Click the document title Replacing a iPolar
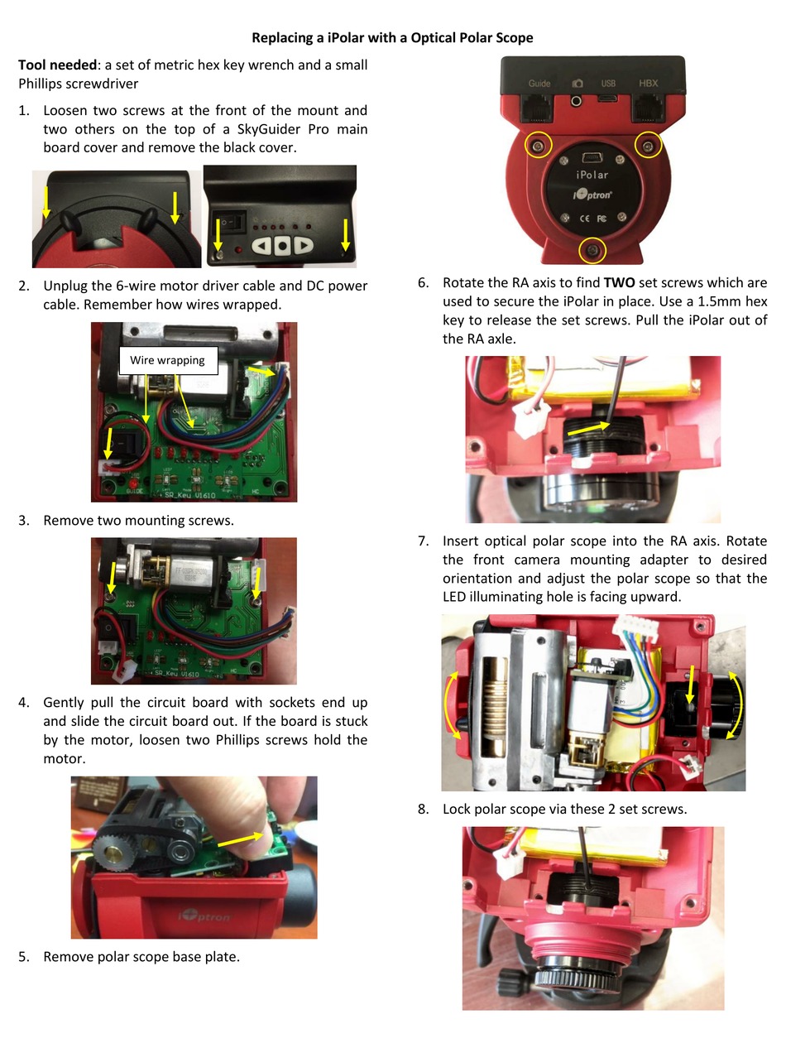[x=392, y=37]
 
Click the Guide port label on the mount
[x=539, y=84]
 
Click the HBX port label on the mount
[x=648, y=84]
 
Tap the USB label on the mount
[x=608, y=84]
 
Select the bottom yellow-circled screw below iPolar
[x=592, y=249]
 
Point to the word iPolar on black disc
[x=592, y=175]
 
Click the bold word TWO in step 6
[x=619, y=282]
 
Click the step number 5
[x=24, y=957]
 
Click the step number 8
[x=424, y=809]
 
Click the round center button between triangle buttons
[x=282, y=245]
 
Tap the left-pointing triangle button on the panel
[x=262, y=245]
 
